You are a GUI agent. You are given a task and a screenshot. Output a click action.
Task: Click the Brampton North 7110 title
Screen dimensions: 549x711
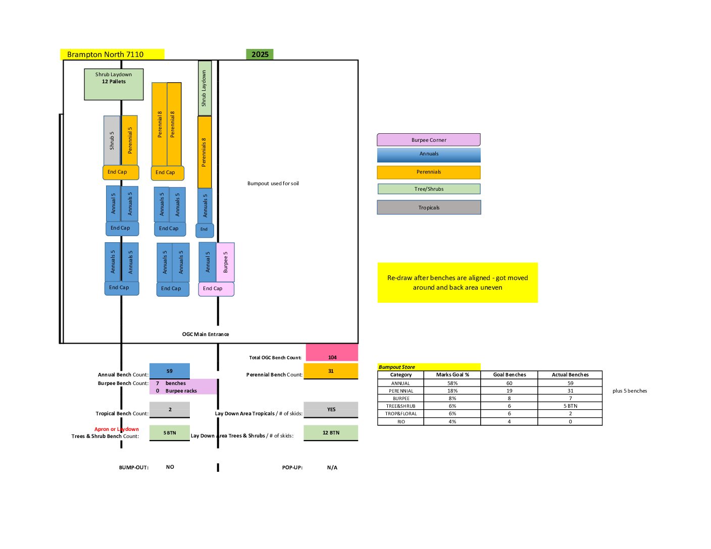[106, 54]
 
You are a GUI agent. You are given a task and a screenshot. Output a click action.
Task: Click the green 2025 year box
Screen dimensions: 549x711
[260, 54]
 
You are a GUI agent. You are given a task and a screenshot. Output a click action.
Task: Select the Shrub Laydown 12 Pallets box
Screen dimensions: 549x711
[114, 84]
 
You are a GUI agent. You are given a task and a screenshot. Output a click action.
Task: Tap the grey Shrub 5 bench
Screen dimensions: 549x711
[112, 140]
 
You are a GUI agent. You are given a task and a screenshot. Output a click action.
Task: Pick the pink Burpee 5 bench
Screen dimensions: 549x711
[225, 262]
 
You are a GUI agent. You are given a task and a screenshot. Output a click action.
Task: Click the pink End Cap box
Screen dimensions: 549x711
[216, 289]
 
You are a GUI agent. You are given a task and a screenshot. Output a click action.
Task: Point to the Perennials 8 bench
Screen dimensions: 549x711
[204, 152]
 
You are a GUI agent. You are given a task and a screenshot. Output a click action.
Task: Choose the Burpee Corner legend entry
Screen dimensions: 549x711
[429, 140]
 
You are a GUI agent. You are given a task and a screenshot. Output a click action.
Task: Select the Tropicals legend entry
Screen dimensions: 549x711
[429, 207]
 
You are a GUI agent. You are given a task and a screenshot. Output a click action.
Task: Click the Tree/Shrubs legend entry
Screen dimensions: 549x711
[429, 189]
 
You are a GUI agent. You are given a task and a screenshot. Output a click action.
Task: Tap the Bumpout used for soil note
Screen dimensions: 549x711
[273, 184]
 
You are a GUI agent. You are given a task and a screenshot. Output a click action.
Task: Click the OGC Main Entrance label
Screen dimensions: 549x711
[206, 334]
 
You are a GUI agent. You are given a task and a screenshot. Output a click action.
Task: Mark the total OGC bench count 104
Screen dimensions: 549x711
[332, 357]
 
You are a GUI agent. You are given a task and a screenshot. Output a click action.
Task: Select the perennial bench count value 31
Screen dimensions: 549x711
[331, 371]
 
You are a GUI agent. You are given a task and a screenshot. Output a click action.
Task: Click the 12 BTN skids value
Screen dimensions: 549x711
[331, 432]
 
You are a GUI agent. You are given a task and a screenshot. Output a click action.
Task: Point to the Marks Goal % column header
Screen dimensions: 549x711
[452, 375]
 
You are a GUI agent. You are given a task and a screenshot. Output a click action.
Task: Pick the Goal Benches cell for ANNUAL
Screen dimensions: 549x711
[509, 383]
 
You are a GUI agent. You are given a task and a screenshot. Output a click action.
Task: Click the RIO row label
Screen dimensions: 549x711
[400, 421]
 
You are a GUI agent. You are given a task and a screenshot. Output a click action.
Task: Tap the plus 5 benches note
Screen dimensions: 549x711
[630, 391]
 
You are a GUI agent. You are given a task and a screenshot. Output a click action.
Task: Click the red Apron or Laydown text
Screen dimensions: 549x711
[117, 429]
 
